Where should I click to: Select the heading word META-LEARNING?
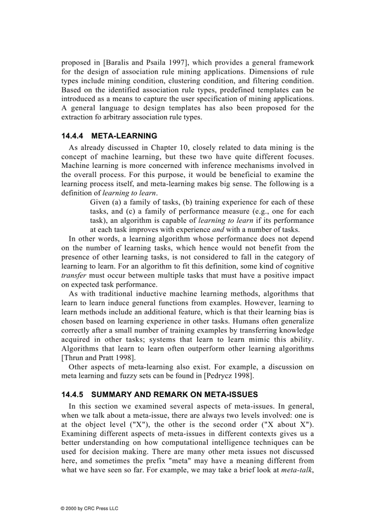point(125,136)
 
